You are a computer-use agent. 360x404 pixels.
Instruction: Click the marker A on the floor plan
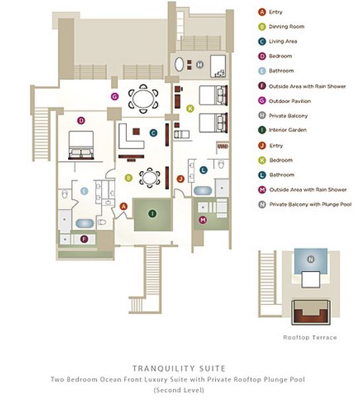pos(124,207)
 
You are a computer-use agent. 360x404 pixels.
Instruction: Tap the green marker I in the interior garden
pos(152,213)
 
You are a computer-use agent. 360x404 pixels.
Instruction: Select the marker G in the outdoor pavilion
pos(115,96)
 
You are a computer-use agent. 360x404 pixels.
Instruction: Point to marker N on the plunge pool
pos(310,259)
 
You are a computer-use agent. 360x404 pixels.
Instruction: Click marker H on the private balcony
pos(200,65)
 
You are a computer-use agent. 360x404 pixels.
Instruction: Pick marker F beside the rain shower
pos(84,239)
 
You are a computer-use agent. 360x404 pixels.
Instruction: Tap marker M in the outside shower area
pos(203,220)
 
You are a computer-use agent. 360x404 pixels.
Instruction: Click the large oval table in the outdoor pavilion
pos(143,98)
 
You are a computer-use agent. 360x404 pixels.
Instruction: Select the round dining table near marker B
pos(149,178)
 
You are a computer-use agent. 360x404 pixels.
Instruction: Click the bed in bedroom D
pos(81,145)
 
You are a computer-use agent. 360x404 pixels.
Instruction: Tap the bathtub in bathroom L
pos(203,191)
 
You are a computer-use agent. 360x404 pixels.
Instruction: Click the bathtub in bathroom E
pos(85,223)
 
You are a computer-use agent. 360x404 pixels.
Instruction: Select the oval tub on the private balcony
pos(179,64)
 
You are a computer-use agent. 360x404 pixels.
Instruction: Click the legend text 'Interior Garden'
pos(288,130)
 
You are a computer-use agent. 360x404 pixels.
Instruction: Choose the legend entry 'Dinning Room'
pos(287,26)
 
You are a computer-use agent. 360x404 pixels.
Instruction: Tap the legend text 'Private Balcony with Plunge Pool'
pos(310,205)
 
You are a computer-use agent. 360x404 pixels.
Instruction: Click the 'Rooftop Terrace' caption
pos(310,337)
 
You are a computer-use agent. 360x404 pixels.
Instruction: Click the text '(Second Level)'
pos(179,390)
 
